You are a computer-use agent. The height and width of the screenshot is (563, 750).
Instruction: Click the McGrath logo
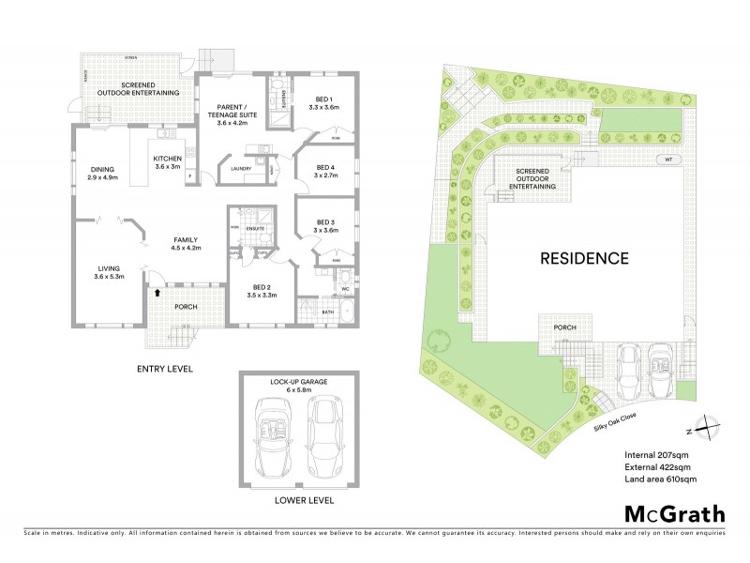tap(674, 513)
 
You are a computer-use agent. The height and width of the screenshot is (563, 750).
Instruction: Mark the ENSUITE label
tap(254, 229)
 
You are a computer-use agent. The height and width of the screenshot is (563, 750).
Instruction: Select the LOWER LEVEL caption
tap(304, 501)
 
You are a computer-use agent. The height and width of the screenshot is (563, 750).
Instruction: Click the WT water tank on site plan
tap(667, 160)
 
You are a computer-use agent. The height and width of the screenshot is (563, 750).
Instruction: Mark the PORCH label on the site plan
tap(564, 327)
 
